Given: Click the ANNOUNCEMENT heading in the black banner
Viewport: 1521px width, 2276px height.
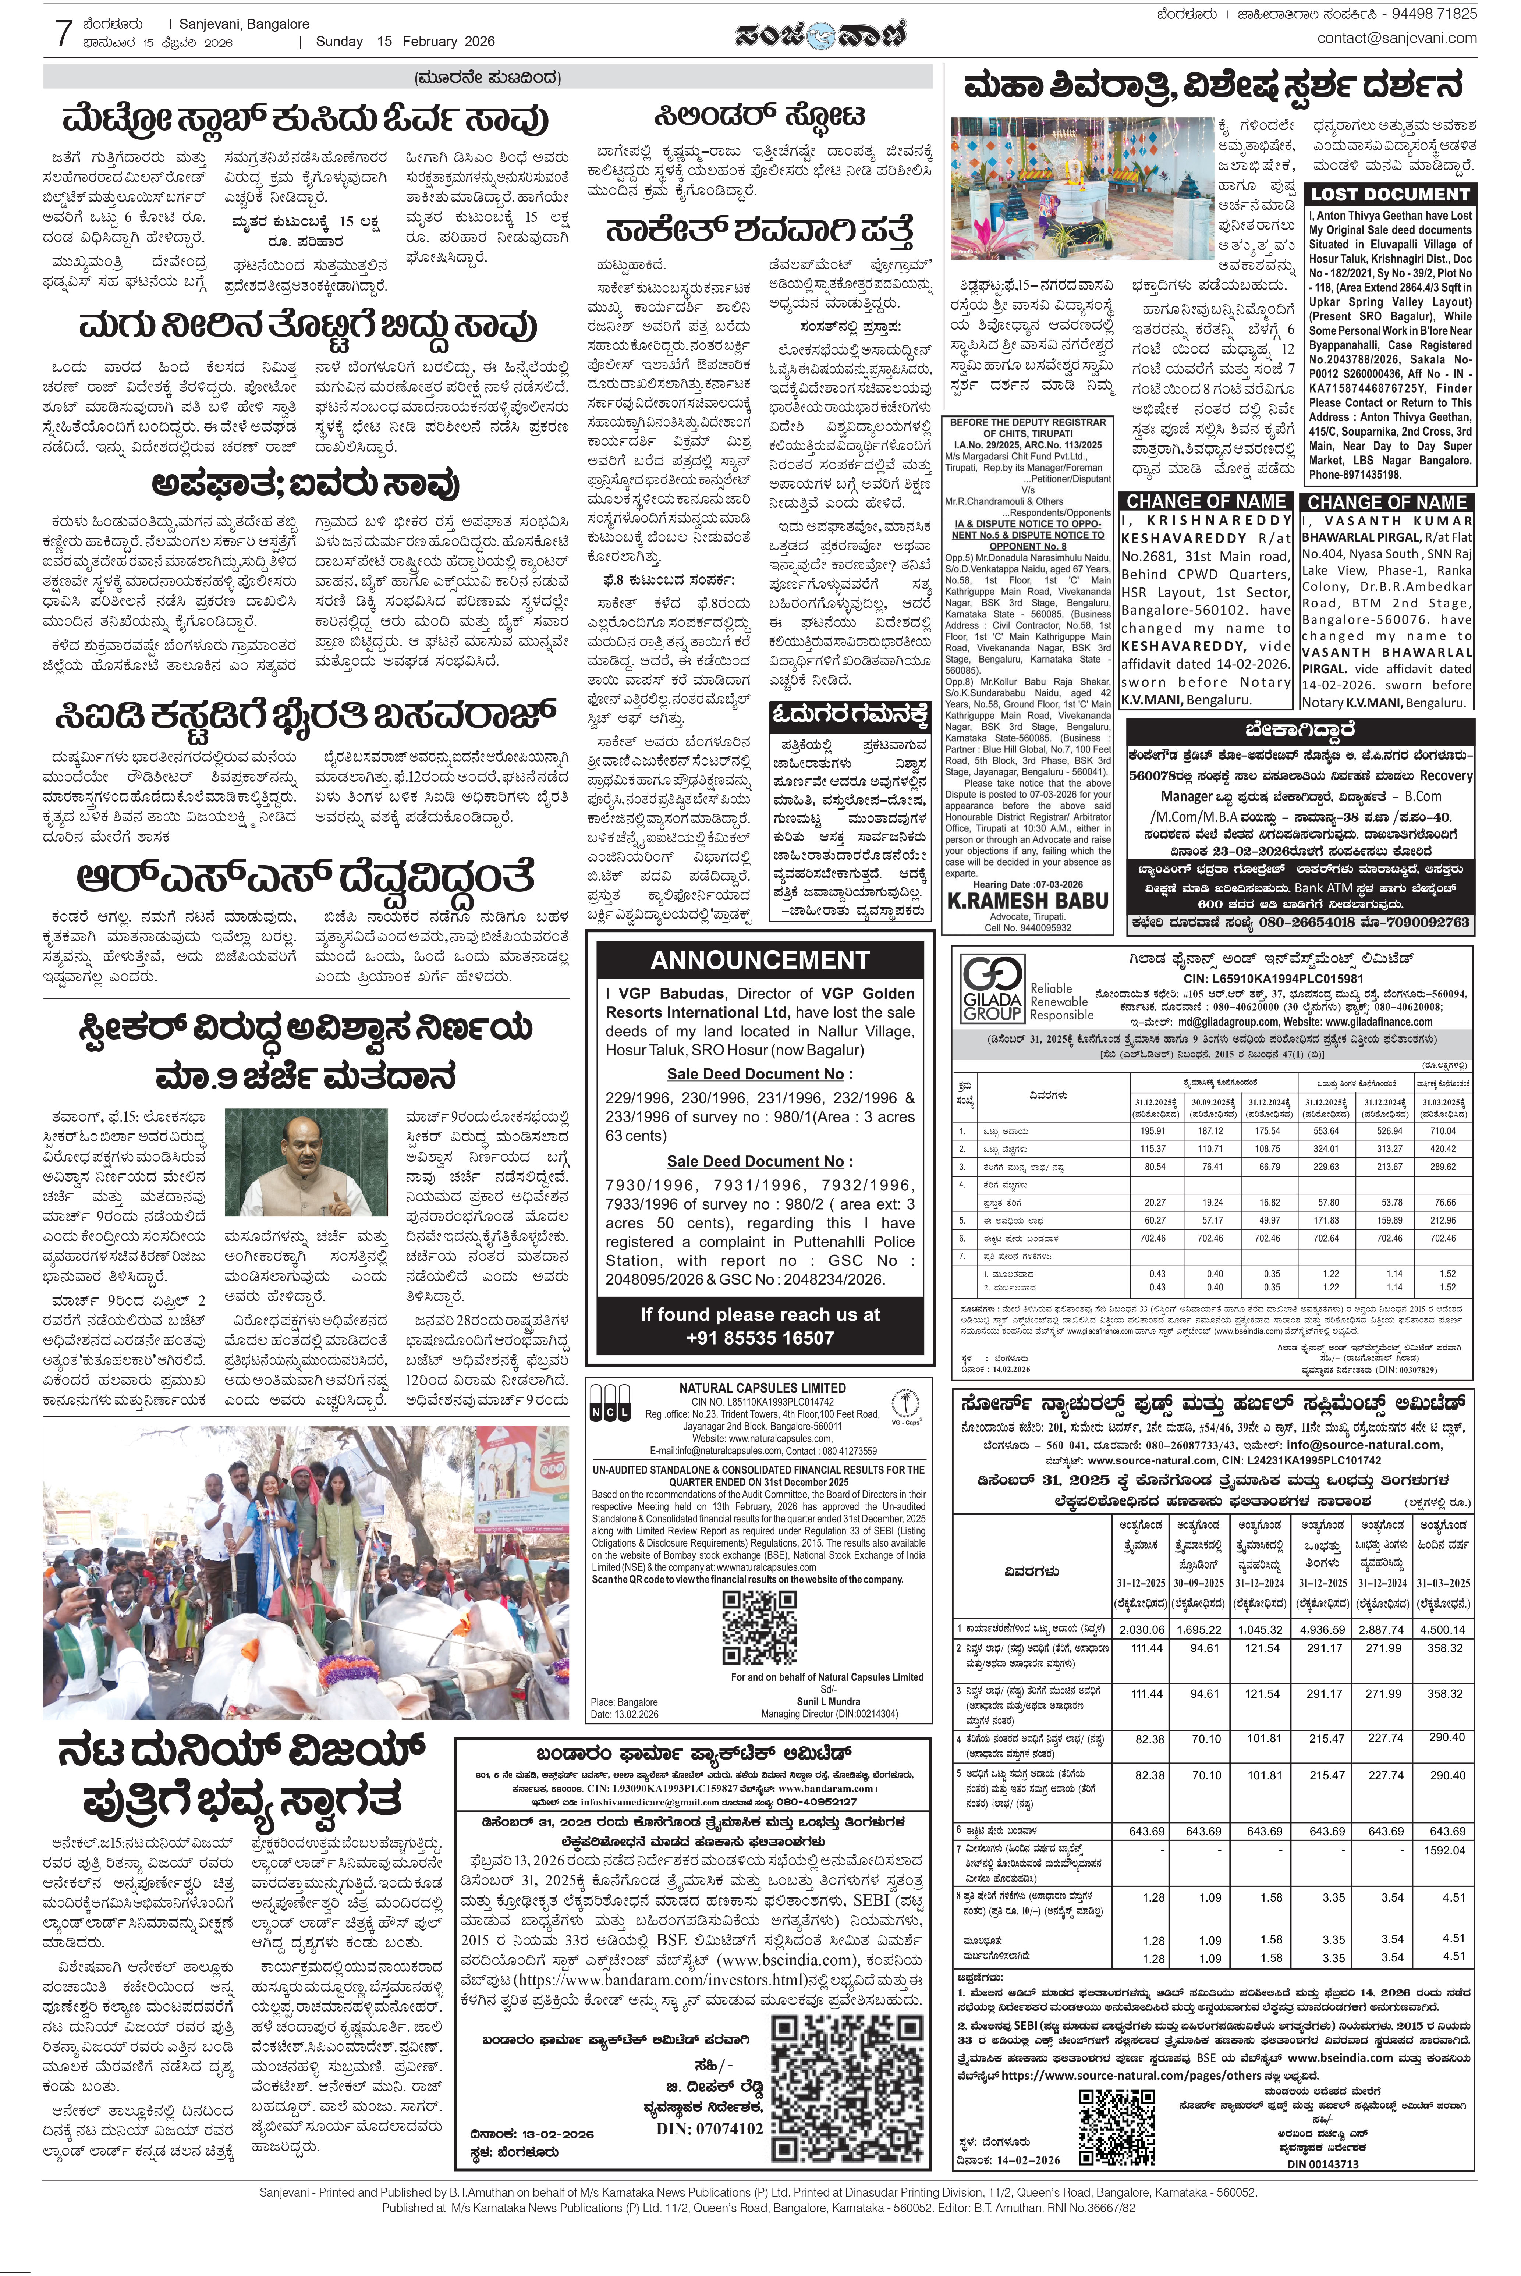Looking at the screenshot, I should [x=760, y=960].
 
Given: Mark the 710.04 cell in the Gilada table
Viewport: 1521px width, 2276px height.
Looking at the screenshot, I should [x=1442, y=1132].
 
